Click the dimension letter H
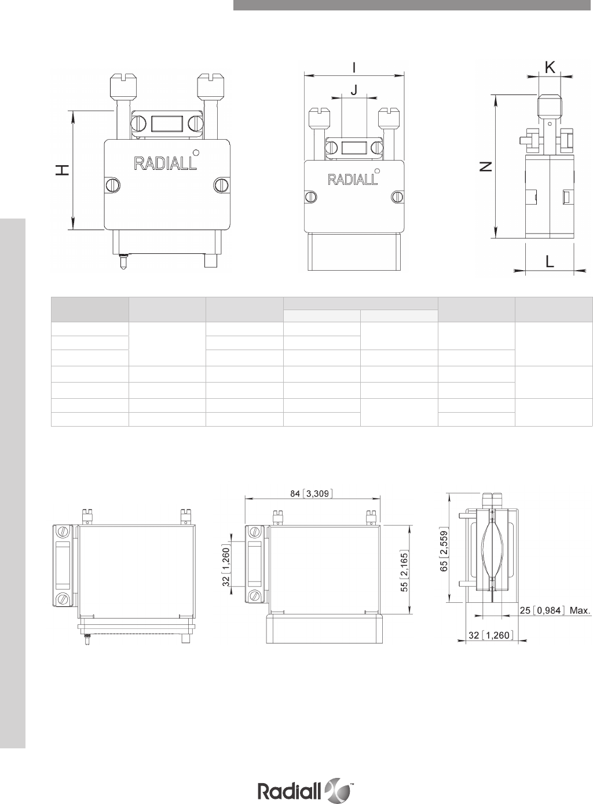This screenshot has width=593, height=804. coord(63,170)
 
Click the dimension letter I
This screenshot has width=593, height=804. coord(354,68)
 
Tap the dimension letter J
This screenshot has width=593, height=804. coord(354,89)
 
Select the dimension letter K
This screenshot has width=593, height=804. coord(550,67)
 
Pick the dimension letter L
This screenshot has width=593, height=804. coord(550,261)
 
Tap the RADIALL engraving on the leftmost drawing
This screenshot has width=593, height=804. coord(165,163)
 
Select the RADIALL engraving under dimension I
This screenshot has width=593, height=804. coord(352,179)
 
